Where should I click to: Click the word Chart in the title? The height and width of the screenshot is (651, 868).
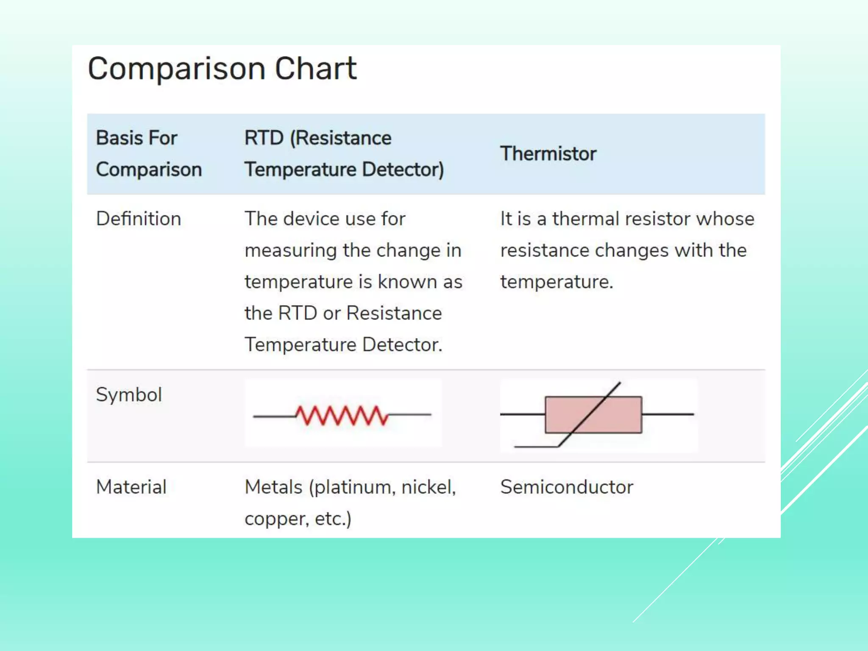pos(316,69)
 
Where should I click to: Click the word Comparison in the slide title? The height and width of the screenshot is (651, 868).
pos(176,69)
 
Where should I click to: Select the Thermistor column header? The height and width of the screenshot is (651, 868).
pos(548,153)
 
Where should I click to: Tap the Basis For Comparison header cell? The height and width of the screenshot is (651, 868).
pos(148,153)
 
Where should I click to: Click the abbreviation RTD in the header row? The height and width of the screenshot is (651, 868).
pos(264,138)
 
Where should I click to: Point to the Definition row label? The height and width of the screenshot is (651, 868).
pos(139,219)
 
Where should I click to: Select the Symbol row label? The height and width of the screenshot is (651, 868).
pos(129,395)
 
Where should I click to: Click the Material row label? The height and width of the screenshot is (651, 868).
pos(131,487)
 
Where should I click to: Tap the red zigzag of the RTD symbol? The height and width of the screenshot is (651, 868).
pos(342,415)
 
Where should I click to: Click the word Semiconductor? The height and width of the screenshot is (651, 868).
pos(567,487)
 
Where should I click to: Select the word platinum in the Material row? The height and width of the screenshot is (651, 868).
pos(354,488)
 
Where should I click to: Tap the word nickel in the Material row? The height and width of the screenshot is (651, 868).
pos(428,487)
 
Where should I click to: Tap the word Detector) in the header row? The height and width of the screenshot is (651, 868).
pos(403,170)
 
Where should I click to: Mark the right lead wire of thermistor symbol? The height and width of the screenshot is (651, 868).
pos(668,414)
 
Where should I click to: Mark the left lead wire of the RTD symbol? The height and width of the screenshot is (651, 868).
pos(274,416)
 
